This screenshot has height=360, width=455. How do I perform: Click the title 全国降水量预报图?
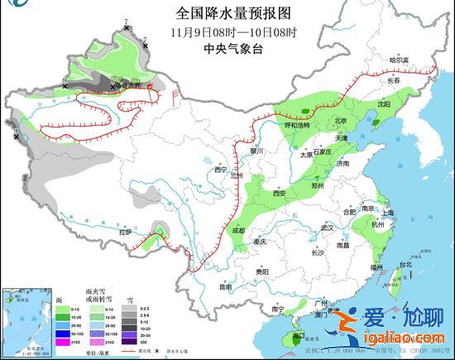point(223,12)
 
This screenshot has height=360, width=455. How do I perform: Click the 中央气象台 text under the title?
point(223,49)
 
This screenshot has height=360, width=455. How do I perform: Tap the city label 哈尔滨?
point(400,60)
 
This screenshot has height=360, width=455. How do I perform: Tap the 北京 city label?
point(340,121)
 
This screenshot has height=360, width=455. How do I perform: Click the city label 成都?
point(239,230)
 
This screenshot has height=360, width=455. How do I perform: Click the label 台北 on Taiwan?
point(405,264)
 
